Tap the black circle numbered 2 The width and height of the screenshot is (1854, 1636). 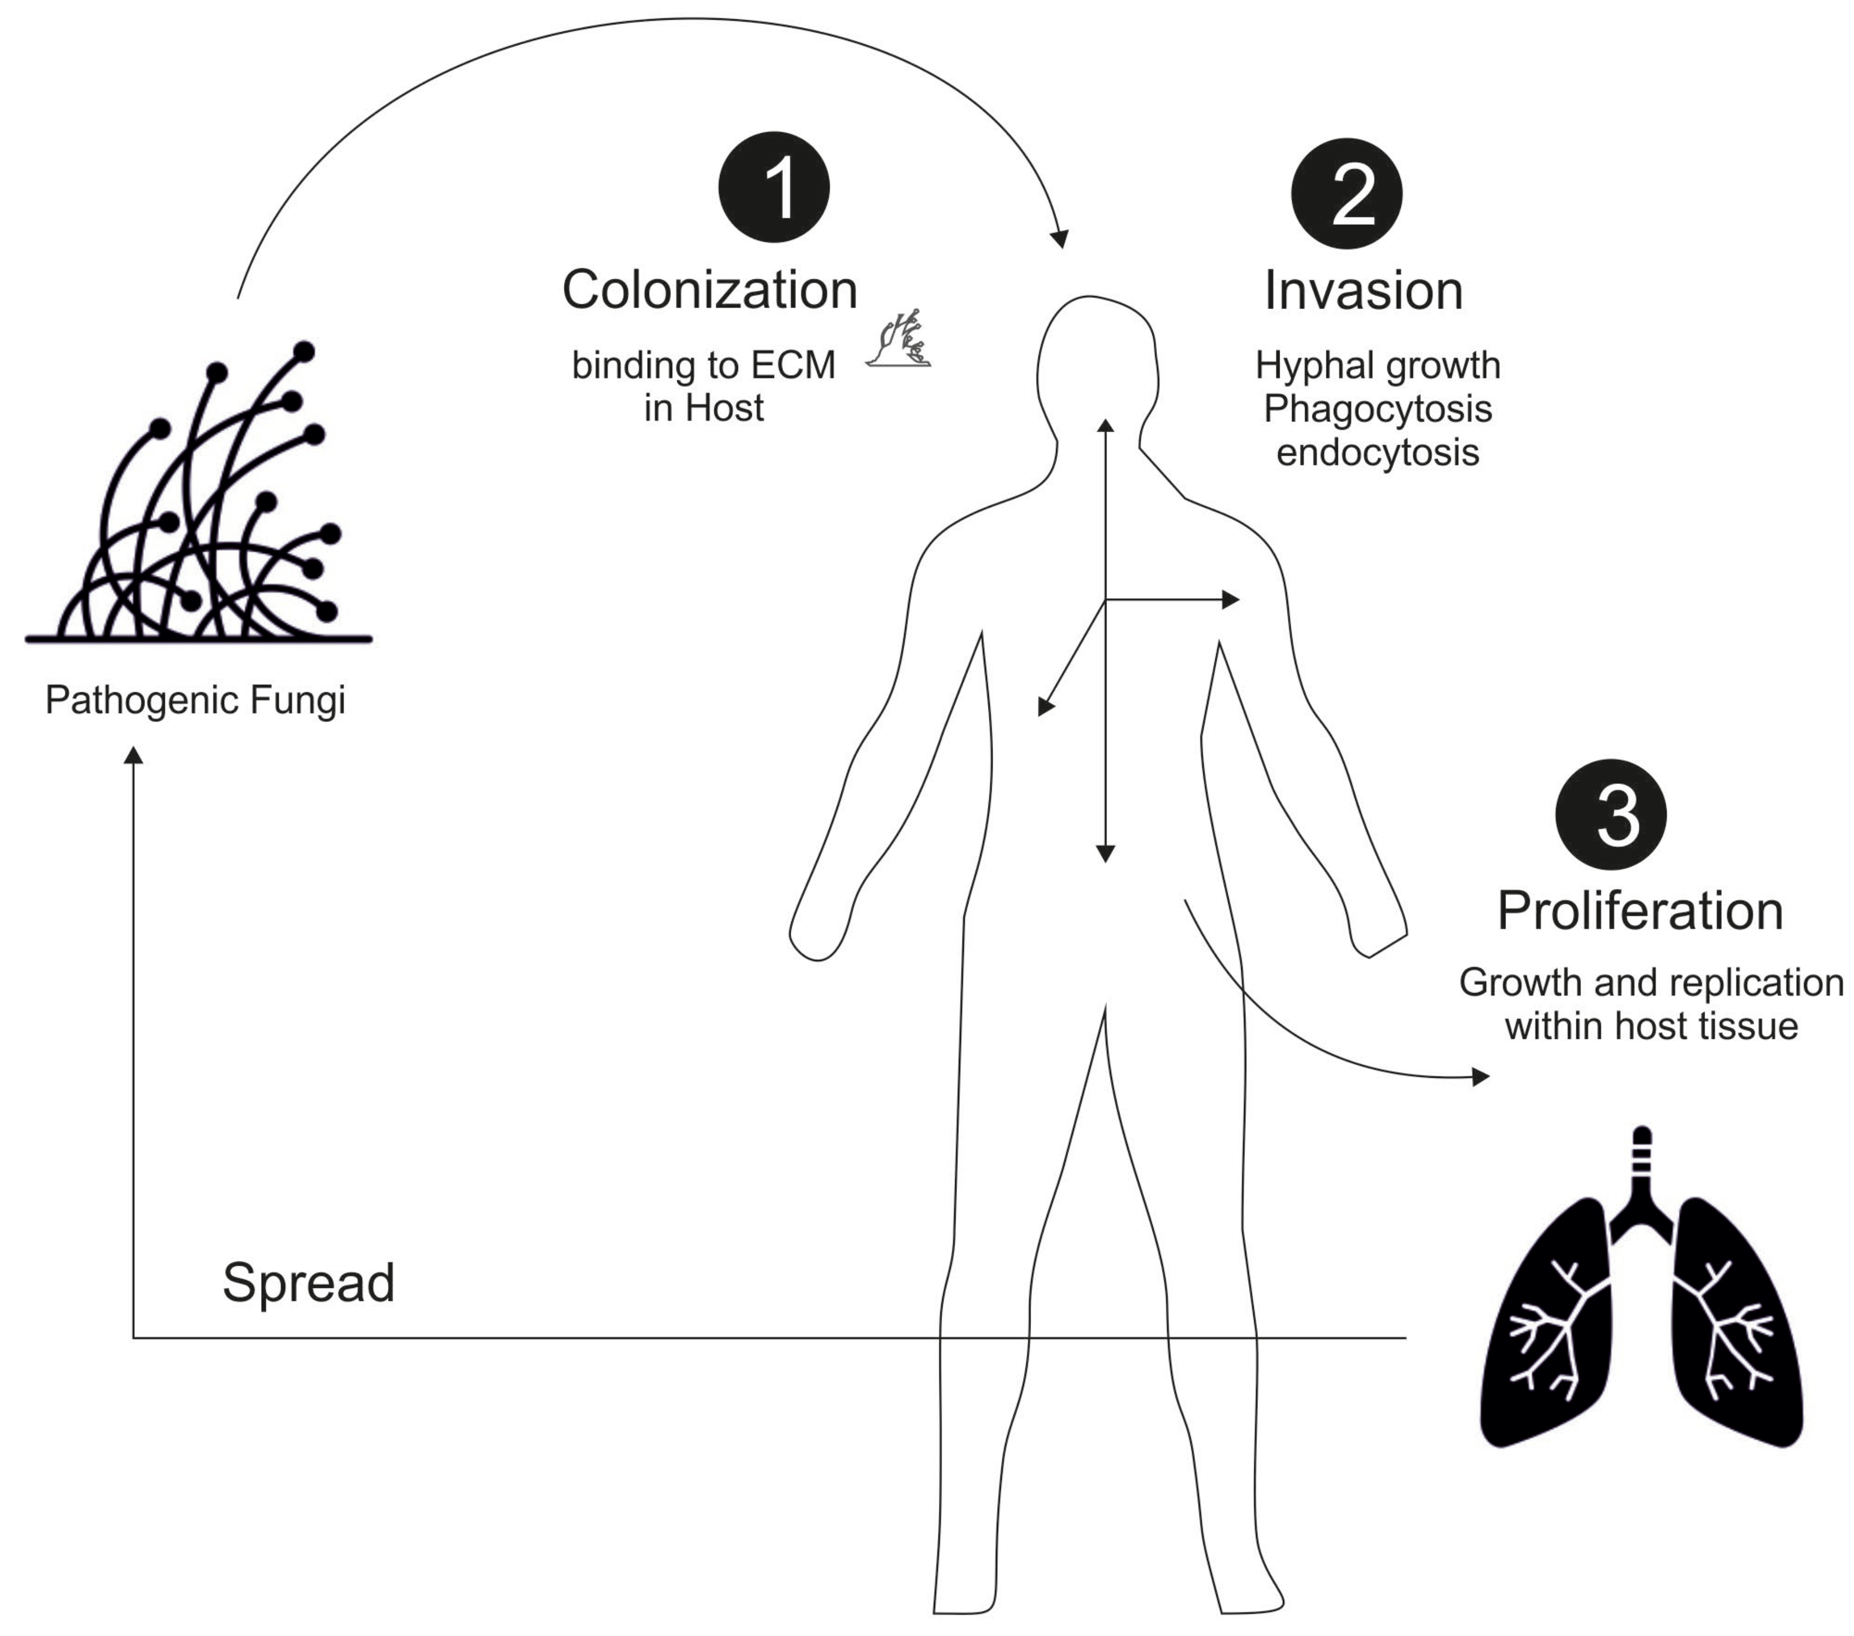coord(1346,193)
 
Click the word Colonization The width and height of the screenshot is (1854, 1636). coord(710,290)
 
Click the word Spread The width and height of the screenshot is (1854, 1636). coord(308,1282)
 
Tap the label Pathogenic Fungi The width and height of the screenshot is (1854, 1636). coord(195,700)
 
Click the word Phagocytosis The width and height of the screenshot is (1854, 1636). coord(1377,409)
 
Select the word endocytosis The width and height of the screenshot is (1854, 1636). coord(1377,452)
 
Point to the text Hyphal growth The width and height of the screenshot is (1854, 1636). coord(1377,366)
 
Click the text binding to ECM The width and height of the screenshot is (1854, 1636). coord(703,366)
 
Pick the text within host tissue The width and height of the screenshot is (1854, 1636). coord(1651,1026)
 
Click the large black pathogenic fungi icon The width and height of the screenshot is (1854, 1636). coord(200,508)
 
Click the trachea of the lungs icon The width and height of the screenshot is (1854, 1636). coord(1642,1165)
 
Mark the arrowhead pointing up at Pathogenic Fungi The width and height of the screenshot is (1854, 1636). coord(133,755)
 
